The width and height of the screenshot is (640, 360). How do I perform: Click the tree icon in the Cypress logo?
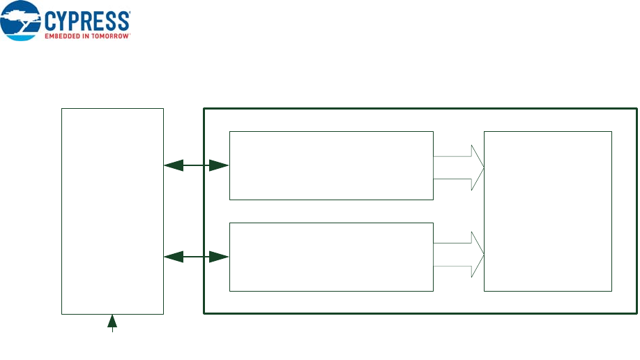click(x=21, y=21)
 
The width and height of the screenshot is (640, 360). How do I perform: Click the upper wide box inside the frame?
click(x=331, y=165)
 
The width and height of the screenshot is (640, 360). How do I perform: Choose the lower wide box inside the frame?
click(x=331, y=257)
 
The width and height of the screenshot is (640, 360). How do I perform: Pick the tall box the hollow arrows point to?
click(x=547, y=211)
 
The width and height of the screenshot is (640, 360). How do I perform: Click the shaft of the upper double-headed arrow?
click(x=196, y=165)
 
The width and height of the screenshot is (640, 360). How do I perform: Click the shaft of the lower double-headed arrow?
click(x=196, y=257)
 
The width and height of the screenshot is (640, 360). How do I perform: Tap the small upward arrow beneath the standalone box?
click(x=112, y=322)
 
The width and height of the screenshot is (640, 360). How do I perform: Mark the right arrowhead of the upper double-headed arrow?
click(x=220, y=165)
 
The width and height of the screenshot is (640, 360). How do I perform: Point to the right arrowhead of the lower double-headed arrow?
click(x=220, y=257)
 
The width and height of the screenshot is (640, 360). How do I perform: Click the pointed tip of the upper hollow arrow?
click(x=482, y=167)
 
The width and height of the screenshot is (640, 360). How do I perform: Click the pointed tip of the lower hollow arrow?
click(x=482, y=255)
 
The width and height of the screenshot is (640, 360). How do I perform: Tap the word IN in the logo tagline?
click(x=86, y=35)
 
